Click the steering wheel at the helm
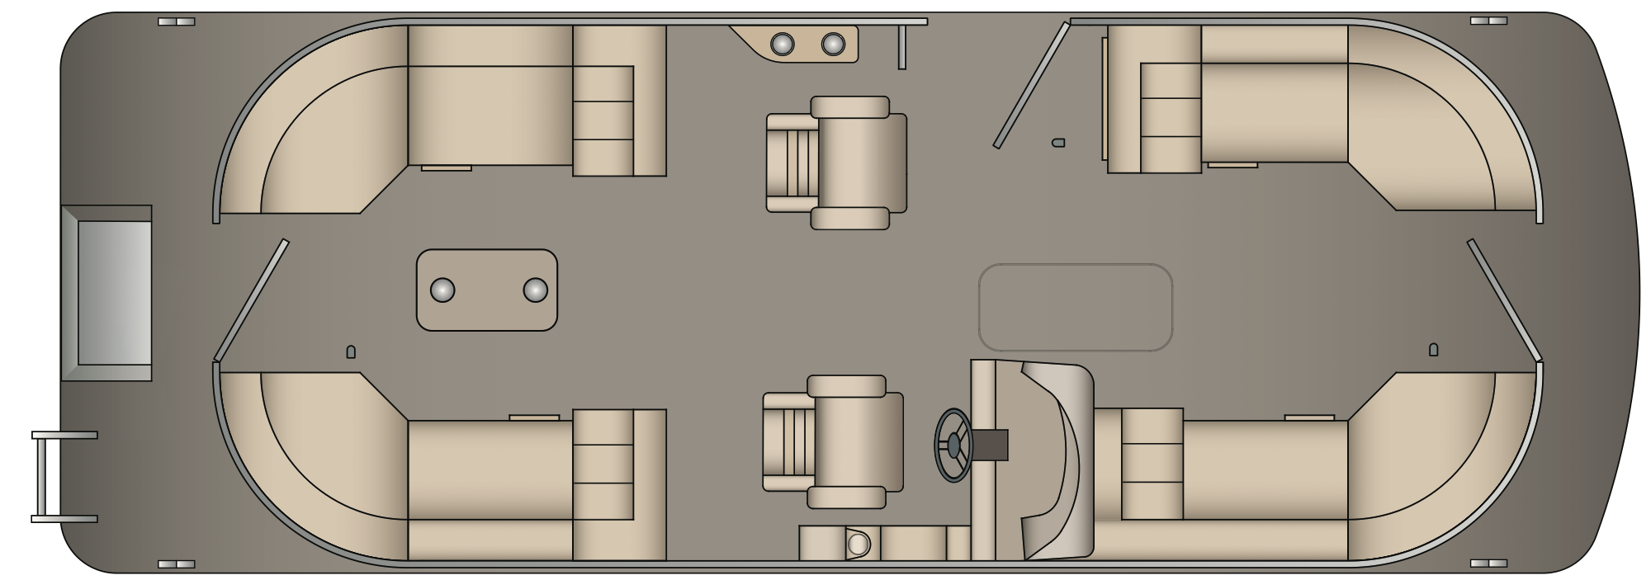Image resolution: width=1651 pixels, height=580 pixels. coord(953,445)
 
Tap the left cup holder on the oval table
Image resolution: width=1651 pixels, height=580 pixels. coord(442,290)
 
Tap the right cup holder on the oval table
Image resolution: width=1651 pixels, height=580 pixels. coord(535,290)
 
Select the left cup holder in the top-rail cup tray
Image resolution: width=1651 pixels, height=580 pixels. coord(782,44)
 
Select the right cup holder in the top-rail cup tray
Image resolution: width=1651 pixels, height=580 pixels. coord(833,44)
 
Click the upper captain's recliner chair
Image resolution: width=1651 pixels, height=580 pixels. coord(837,163)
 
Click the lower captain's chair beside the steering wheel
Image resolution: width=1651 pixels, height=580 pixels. coord(834,441)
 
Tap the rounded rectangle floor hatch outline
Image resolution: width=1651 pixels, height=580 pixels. coord(1075,307)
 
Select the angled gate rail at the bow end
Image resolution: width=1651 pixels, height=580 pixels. coord(1503,301)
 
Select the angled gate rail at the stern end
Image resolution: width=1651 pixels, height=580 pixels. coord(251,300)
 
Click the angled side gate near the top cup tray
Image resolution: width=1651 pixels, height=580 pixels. coord(1031,86)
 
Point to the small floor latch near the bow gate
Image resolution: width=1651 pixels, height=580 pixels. coord(1433,350)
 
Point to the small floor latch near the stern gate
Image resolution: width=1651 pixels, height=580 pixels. coord(350,352)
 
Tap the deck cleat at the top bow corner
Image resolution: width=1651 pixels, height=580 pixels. coord(1488,21)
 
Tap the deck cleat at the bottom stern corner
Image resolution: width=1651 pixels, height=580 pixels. coord(176,564)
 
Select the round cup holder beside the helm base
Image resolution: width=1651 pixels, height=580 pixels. coord(859,545)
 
